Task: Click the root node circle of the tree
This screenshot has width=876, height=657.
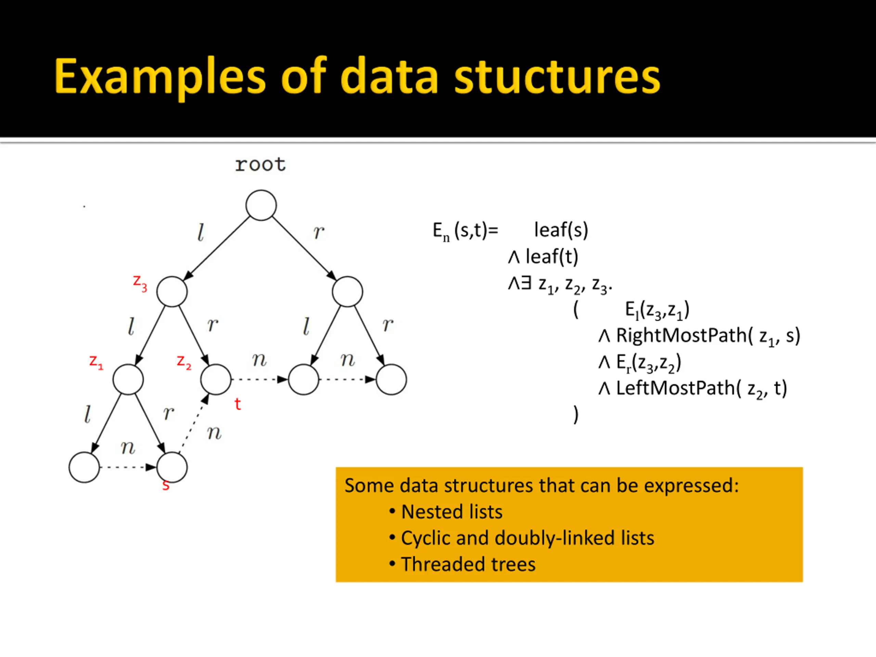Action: pos(261,205)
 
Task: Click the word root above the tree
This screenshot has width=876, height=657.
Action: pos(260,164)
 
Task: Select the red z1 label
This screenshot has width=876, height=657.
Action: pos(96,362)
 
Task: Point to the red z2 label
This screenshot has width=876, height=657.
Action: pos(184,362)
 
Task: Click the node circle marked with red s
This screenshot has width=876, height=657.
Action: pos(172,467)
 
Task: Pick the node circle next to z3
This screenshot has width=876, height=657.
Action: pos(172,292)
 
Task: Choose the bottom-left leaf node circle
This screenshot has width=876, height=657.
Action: pos(84,467)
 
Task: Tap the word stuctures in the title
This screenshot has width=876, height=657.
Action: pos(557,76)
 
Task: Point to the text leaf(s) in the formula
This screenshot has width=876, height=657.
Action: pos(561,230)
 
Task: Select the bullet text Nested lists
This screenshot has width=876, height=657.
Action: pos(451,512)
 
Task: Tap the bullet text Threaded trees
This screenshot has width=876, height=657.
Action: pos(468,564)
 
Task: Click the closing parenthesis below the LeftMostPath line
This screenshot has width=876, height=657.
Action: pos(576,415)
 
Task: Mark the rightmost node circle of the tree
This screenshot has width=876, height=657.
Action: pos(391,379)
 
